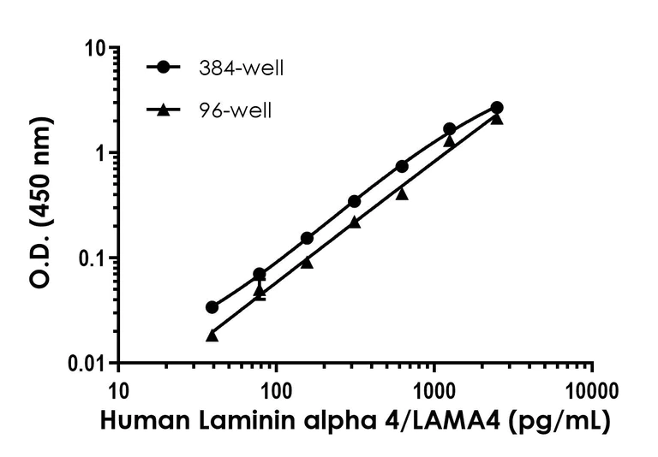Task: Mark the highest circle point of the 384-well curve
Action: pyautogui.click(x=497, y=108)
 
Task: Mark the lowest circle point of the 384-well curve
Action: pyautogui.click(x=212, y=307)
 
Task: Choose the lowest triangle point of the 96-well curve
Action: pyautogui.click(x=212, y=335)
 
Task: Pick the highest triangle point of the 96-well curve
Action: pyautogui.click(x=497, y=119)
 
